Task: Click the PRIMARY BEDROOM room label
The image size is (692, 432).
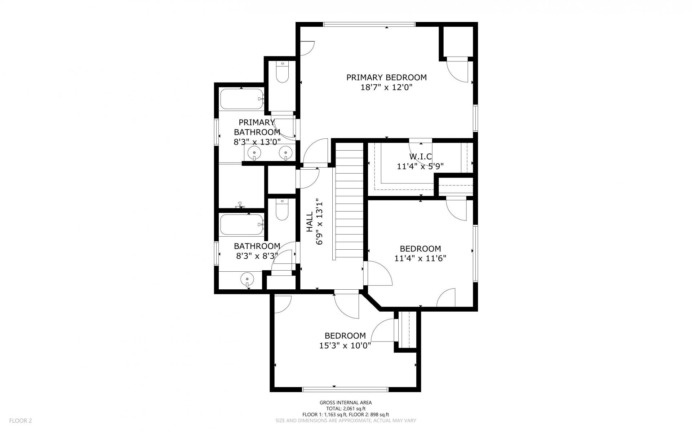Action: click(x=386, y=77)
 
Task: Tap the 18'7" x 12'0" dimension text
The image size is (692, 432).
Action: click(x=386, y=87)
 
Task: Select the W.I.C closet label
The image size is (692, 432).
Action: click(x=420, y=157)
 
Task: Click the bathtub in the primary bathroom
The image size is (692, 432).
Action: click(x=242, y=99)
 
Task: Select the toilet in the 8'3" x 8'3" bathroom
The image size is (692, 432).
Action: click(x=282, y=209)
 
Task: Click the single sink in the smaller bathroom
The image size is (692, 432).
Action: click(x=247, y=279)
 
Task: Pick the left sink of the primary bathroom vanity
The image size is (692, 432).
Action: click(x=254, y=153)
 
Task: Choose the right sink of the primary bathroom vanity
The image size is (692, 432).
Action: click(x=285, y=153)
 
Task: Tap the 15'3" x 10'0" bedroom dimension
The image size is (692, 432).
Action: click(x=345, y=346)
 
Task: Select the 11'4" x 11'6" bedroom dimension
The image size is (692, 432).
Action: click(x=420, y=258)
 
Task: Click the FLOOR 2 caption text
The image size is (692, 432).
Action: click(x=21, y=420)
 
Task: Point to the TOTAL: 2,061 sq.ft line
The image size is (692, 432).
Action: click(x=346, y=409)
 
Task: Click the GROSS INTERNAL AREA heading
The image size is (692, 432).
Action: click(x=346, y=403)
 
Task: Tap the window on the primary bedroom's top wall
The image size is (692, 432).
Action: click(x=369, y=25)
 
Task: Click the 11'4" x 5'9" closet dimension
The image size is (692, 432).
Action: click(x=420, y=166)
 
